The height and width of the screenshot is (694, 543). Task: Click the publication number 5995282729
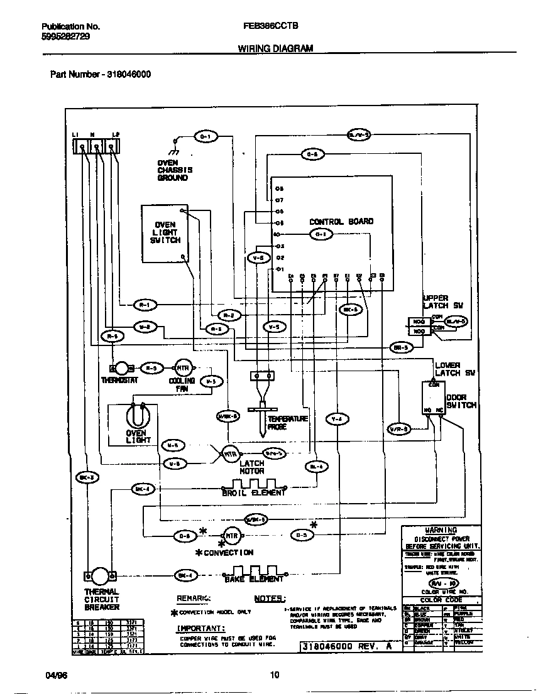click(65, 36)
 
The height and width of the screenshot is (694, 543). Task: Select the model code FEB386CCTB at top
click(270, 26)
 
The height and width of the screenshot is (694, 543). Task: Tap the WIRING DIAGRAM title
click(275, 48)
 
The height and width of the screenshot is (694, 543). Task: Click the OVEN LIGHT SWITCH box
click(165, 233)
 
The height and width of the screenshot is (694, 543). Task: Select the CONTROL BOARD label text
click(341, 222)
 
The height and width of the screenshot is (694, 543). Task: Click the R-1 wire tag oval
click(145, 305)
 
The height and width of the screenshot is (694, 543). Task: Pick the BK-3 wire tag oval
click(87, 477)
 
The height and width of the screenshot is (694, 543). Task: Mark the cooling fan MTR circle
click(182, 368)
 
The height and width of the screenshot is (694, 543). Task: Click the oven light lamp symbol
click(135, 416)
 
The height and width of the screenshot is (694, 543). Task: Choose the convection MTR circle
click(233, 536)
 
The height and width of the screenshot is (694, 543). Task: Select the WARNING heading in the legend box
click(441, 530)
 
